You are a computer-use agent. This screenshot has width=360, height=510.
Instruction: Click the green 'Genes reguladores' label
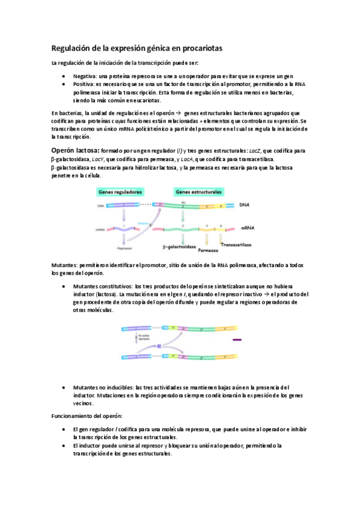click(118, 192)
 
